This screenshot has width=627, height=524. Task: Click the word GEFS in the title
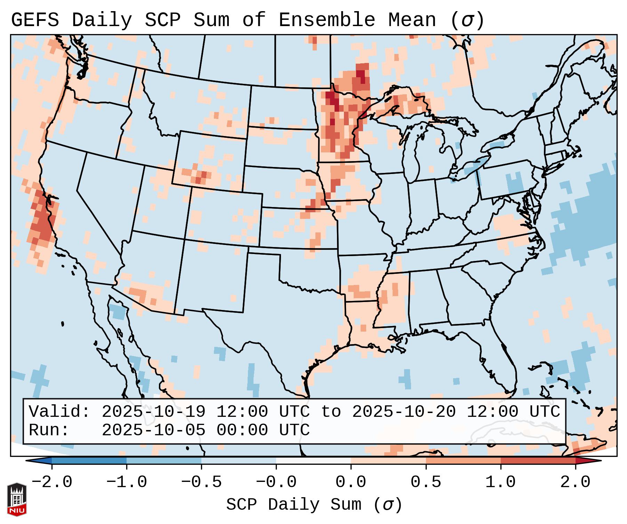point(35,20)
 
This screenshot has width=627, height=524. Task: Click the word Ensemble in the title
point(327,20)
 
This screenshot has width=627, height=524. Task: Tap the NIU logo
point(17,499)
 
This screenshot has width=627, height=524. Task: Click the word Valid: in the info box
point(59,412)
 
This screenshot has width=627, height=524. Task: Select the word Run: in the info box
point(49,430)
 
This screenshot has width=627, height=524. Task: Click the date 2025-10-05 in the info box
point(153,430)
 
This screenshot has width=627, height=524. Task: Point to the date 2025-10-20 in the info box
point(404,412)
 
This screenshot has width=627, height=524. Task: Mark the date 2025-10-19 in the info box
point(153,412)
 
